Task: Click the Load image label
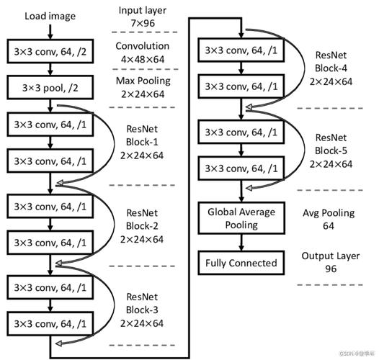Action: point(50,17)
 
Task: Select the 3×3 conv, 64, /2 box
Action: point(50,51)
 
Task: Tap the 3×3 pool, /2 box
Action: point(50,87)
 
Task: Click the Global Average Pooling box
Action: point(241,218)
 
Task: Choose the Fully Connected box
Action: point(241,263)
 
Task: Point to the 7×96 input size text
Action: point(143,23)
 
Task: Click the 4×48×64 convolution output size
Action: point(143,59)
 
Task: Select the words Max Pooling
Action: point(143,81)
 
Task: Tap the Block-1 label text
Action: point(142,142)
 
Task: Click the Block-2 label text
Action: point(142,226)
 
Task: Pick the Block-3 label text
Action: point(142,310)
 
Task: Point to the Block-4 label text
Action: point(331,68)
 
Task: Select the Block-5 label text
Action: point(331,150)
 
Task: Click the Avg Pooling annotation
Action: point(329,213)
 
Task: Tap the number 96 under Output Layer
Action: point(331,269)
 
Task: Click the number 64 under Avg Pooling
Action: point(329,226)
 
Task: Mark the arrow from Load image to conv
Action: point(50,32)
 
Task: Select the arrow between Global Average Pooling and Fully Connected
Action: point(241,243)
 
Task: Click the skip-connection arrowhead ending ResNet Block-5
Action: point(249,188)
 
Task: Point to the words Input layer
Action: point(143,10)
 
